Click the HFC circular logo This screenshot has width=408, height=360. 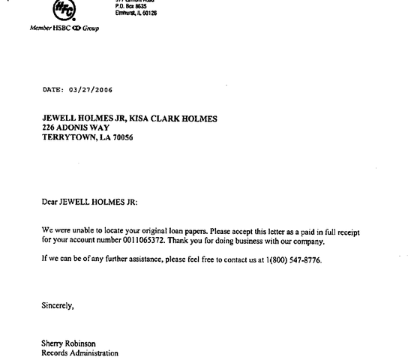(x=63, y=9)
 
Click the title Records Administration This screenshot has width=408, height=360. (x=79, y=352)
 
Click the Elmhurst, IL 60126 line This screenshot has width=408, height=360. (x=136, y=13)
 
